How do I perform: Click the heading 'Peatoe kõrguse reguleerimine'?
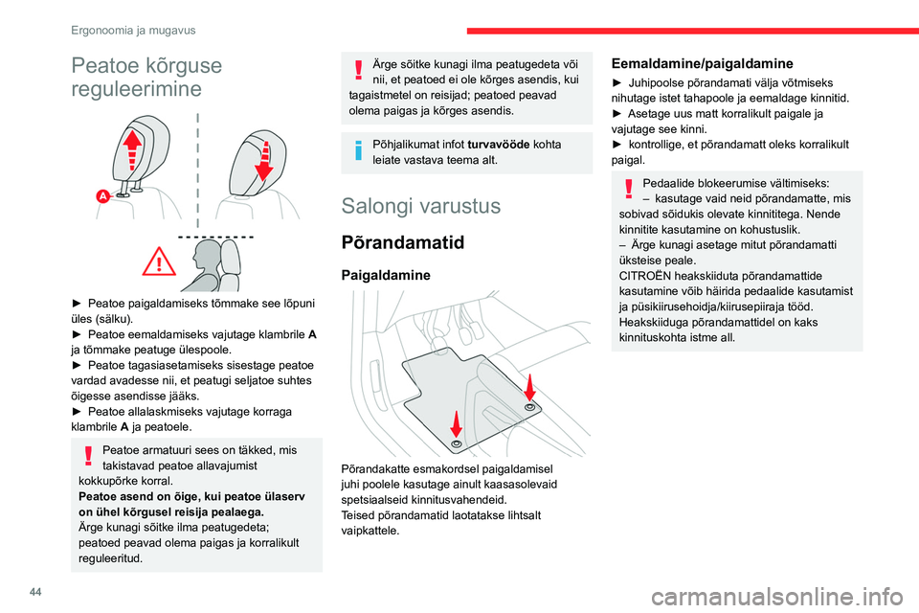pyautogui.click(x=146, y=77)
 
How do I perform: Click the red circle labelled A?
pyautogui.click(x=101, y=195)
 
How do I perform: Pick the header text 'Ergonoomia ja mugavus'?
pyautogui.click(x=133, y=30)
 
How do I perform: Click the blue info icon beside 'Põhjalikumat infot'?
pyautogui.click(x=358, y=150)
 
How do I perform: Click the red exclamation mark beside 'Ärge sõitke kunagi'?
pyautogui.click(x=358, y=71)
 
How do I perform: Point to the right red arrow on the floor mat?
pyautogui.click(x=529, y=388)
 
